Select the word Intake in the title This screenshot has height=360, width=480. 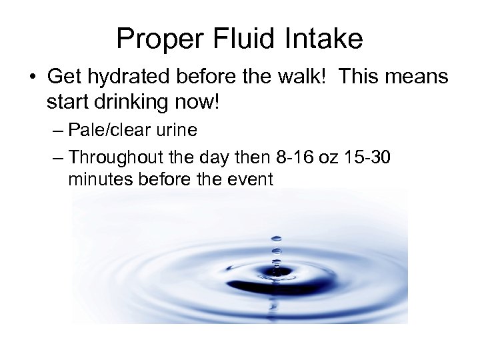coord(326,39)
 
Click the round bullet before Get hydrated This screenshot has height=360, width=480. coord(35,77)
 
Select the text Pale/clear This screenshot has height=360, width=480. coord(113,129)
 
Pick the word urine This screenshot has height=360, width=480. coord(178,129)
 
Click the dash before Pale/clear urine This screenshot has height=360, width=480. coord(57,130)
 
